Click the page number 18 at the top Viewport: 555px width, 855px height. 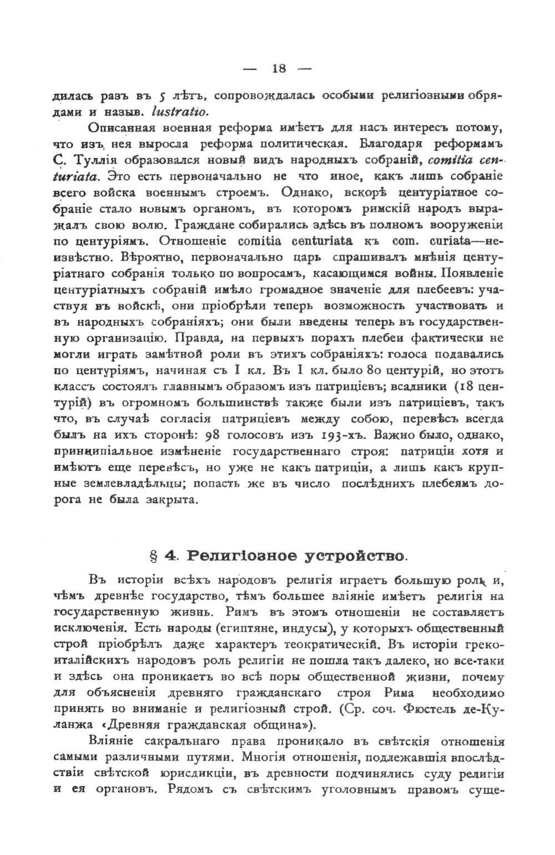(279, 69)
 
